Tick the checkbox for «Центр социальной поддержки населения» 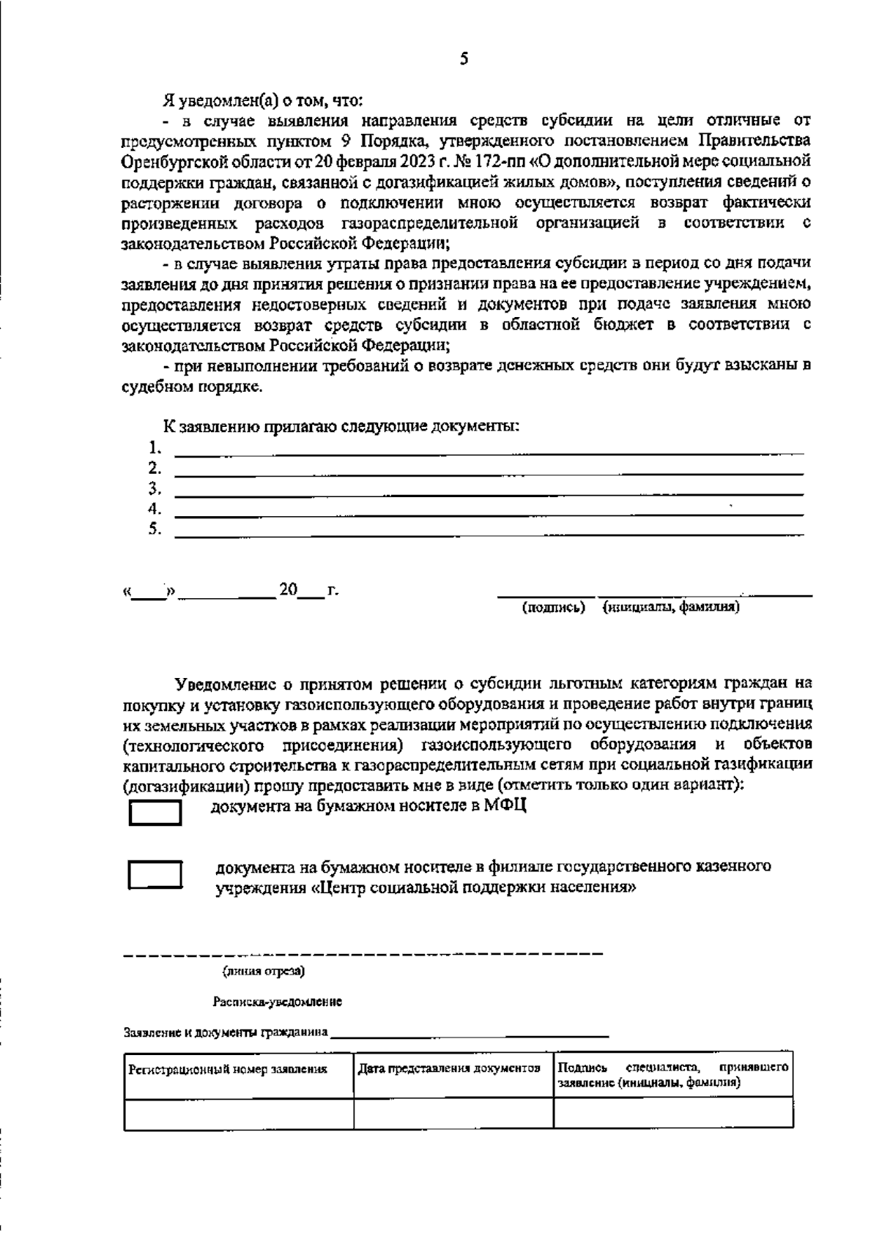click(155, 874)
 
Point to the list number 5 click(155, 528)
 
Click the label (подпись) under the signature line click(553, 607)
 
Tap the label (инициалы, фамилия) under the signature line click(670, 607)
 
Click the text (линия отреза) click(264, 972)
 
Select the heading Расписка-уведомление click(278, 1001)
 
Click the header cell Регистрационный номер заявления click(228, 1069)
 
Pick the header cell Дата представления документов click(449, 1068)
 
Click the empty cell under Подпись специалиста click(672, 1113)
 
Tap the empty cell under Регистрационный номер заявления click(239, 1113)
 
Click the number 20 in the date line click(288, 589)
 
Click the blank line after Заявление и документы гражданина click(469, 1034)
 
